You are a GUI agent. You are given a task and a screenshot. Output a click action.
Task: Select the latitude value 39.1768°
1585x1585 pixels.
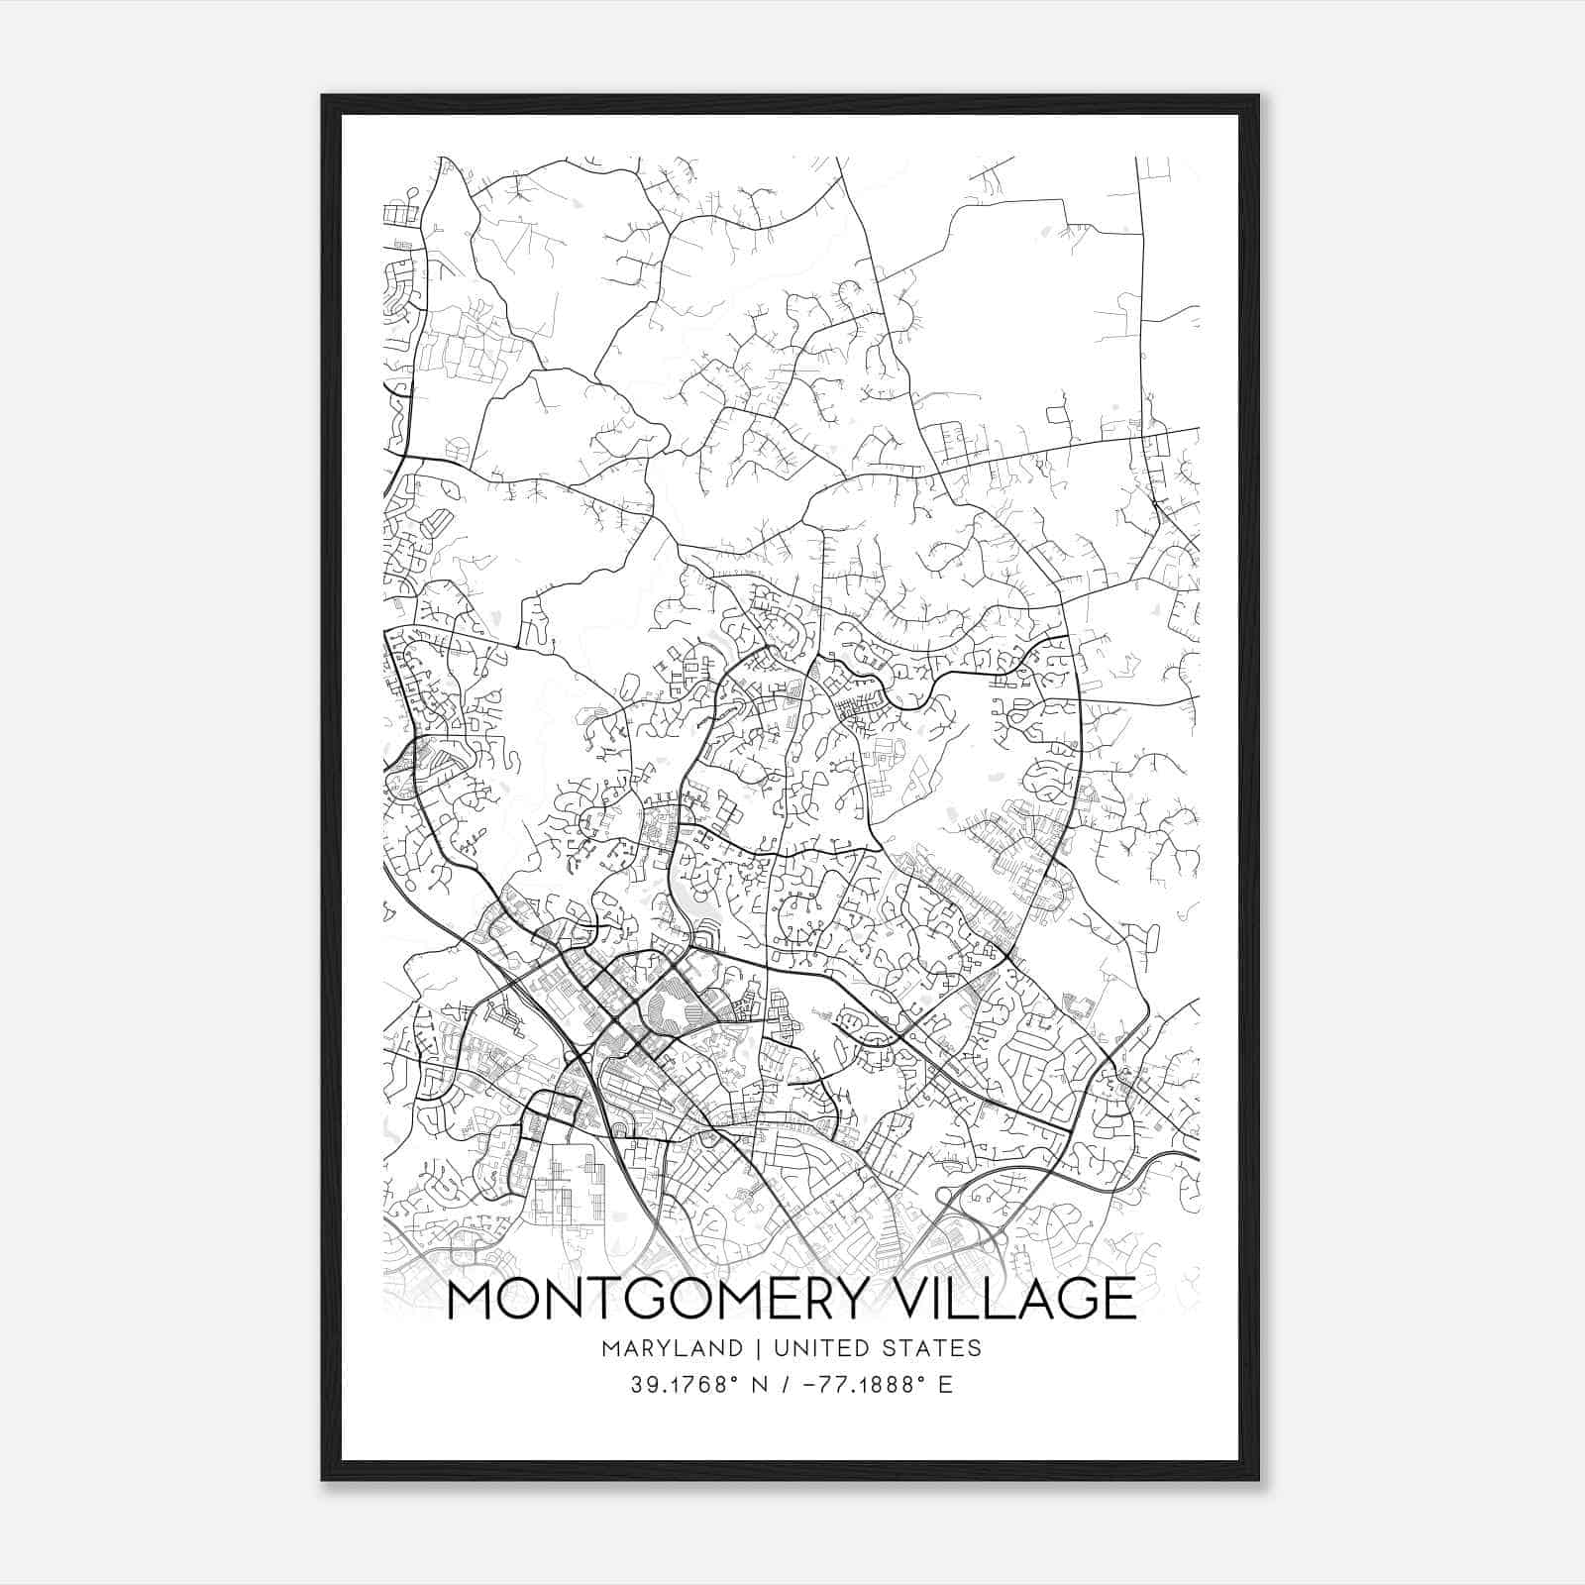(x=685, y=1385)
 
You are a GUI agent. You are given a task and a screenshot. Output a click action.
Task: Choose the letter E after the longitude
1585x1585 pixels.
(x=945, y=1385)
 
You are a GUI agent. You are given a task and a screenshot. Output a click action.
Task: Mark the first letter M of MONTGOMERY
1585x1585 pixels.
(x=473, y=1299)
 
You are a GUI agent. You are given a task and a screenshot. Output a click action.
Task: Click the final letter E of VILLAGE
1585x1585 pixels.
(x=1120, y=1299)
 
